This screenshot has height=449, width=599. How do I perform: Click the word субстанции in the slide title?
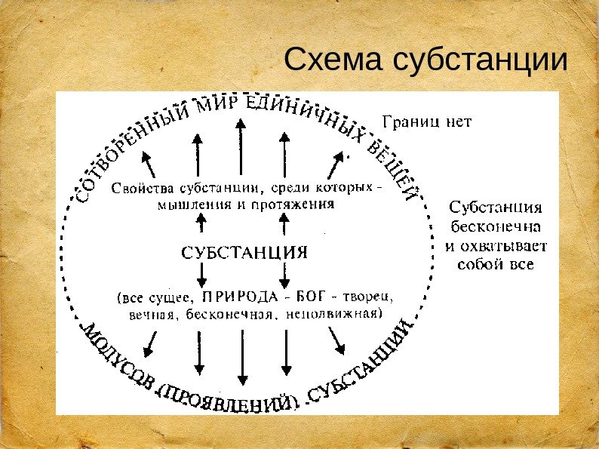click(x=480, y=63)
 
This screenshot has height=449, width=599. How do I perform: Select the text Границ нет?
click(x=427, y=121)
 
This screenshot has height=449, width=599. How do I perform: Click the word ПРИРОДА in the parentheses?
click(x=238, y=295)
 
